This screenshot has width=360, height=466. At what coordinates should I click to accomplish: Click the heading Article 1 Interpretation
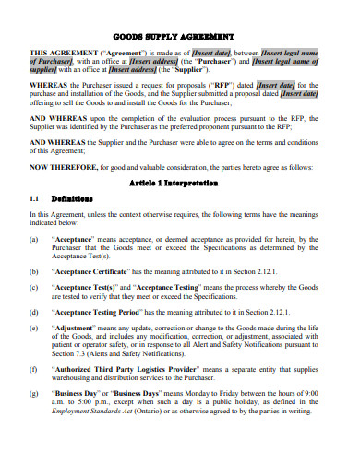tap(180, 183)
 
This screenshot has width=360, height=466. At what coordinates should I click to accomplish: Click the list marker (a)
tap(34, 239)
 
